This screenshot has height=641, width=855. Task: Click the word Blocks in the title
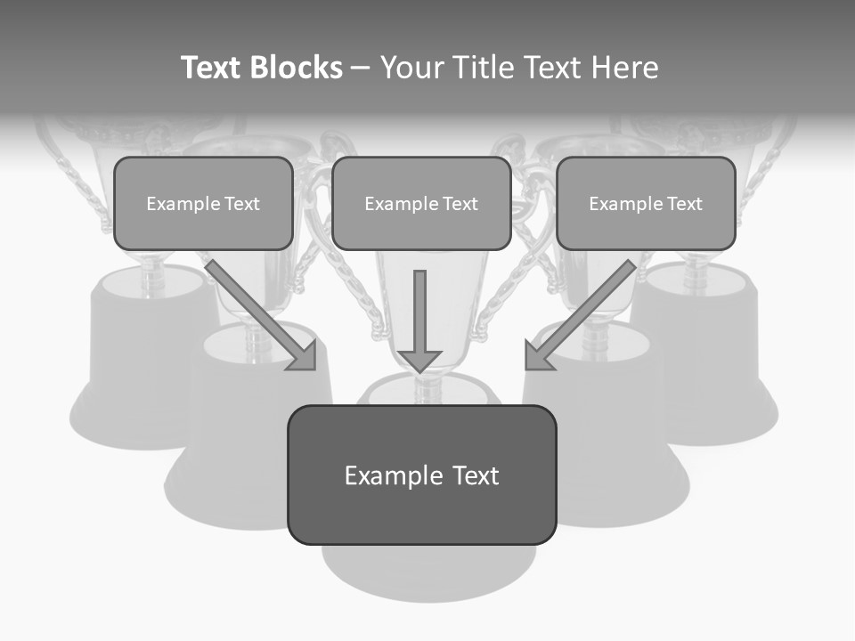click(295, 68)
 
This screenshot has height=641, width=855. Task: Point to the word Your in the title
click(411, 68)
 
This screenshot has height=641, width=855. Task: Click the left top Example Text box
click(203, 203)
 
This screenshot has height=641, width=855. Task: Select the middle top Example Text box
click(421, 203)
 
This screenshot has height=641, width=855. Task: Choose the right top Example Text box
click(646, 203)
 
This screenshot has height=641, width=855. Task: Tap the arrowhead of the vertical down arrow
click(419, 361)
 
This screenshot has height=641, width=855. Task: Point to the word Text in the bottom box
click(474, 475)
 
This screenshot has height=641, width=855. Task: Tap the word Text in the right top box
click(683, 204)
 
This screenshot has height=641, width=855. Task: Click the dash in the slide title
click(361, 68)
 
